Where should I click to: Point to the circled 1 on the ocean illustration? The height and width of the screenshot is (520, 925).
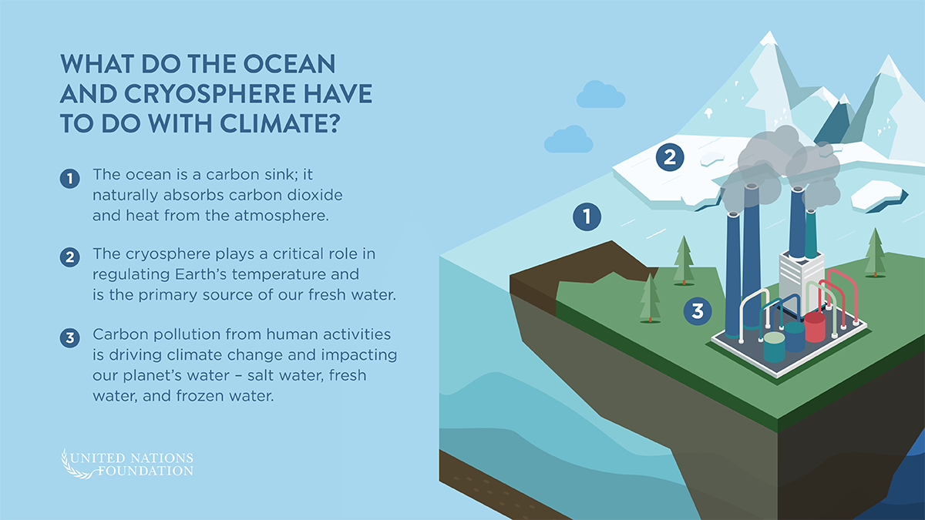click(x=587, y=217)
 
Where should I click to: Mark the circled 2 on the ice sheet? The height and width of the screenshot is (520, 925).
click(x=670, y=158)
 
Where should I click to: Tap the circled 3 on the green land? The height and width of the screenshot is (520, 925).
click(x=698, y=311)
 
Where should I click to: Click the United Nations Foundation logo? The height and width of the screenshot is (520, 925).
click(x=127, y=463)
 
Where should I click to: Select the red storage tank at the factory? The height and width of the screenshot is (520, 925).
click(x=815, y=327)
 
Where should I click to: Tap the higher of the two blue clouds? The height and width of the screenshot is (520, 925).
click(x=600, y=94)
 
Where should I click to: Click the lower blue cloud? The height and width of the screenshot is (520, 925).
click(x=568, y=139)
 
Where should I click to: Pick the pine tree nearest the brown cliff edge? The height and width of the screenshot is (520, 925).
click(x=650, y=297)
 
